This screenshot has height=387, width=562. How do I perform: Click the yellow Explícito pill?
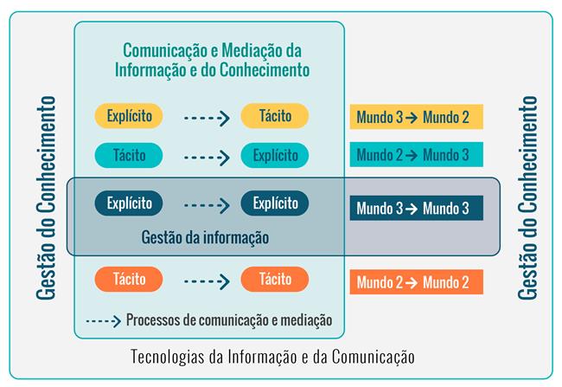pos(129,115)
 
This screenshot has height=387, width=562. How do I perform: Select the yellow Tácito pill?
pos(275,115)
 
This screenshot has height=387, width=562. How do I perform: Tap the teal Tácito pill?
pos(129,156)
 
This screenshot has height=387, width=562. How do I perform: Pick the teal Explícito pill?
pos(275,156)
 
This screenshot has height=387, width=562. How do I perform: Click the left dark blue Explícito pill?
pos(129,203)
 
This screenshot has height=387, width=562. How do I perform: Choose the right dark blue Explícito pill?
pos(275,203)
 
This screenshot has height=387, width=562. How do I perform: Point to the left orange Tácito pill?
pos(129,280)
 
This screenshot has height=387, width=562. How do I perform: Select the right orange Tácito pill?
pos(275,280)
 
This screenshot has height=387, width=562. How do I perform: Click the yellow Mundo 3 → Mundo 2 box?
pos(416,117)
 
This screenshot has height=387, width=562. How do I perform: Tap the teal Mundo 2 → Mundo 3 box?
pos(416,155)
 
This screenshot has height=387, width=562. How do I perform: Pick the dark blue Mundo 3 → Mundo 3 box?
pos(416,208)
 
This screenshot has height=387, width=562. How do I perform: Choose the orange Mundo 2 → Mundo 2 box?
pos(416,282)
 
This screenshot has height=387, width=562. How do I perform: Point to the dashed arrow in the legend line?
pos(103,320)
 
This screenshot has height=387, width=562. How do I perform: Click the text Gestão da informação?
pos(205,236)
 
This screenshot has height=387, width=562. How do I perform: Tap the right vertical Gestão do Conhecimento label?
pos(528,198)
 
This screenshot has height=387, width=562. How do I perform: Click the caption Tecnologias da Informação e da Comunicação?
pos(273,356)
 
